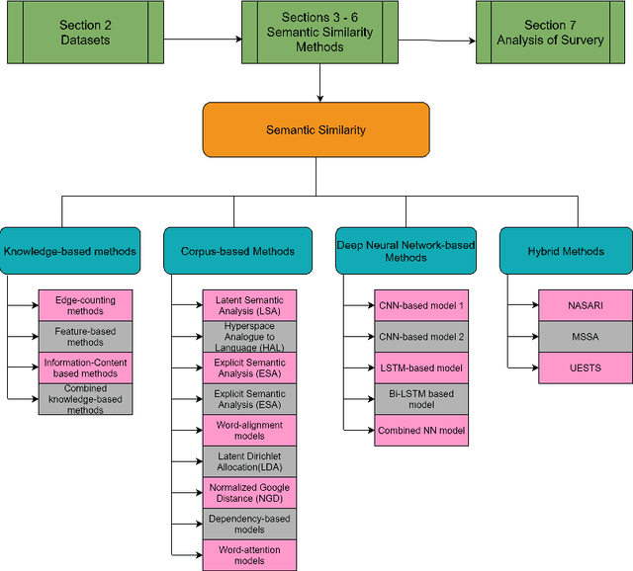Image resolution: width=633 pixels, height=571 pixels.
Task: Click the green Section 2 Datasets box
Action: coord(85,33)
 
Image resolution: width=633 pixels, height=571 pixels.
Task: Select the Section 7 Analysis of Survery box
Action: coord(551,33)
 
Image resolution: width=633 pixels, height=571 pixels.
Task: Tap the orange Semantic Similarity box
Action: coord(317,130)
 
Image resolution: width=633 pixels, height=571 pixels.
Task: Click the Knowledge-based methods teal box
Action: coord(68,251)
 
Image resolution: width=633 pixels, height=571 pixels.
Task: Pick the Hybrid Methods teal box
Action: coord(565,251)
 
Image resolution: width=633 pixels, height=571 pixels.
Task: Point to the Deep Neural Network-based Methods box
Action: coord(405,251)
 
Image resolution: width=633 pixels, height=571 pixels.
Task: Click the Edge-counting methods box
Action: coord(85,305)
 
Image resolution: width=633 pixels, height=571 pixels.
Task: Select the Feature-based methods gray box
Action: coord(85,336)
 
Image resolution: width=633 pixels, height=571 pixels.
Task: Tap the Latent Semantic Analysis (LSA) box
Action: coord(249,305)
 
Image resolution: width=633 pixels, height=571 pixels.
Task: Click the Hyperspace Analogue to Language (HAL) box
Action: coord(249,336)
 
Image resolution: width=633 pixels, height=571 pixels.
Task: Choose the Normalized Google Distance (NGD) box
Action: coord(249,492)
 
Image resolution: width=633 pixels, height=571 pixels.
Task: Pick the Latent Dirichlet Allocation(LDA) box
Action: coord(249,461)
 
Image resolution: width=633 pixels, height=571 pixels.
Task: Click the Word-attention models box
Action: coord(249,554)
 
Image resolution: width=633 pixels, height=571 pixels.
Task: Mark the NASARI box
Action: coord(584,305)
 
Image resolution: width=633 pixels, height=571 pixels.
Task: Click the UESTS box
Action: coord(584,367)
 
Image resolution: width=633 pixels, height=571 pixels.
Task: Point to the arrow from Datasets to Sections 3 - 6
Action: coord(202,40)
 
